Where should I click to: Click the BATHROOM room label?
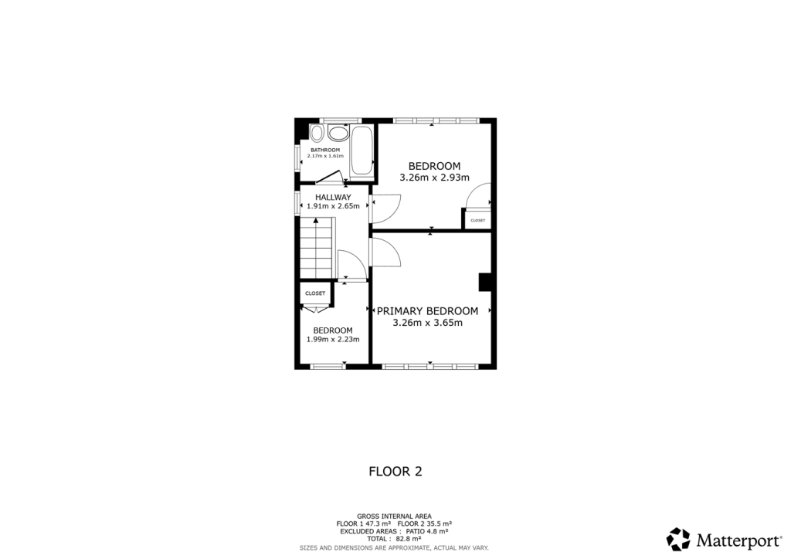(x=325, y=150)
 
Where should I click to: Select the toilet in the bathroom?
(x=338, y=133)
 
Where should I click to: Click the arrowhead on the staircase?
(x=316, y=222)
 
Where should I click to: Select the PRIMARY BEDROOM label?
(x=427, y=311)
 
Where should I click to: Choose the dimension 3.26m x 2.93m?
(x=434, y=178)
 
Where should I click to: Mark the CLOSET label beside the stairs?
(x=315, y=293)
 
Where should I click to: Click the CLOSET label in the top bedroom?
(x=477, y=221)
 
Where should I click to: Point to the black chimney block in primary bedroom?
(x=486, y=282)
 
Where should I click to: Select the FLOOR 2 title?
(x=395, y=471)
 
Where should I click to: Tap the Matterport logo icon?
(x=678, y=539)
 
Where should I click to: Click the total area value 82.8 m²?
(x=408, y=538)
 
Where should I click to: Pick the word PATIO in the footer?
(x=416, y=531)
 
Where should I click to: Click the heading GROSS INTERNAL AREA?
(x=394, y=516)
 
